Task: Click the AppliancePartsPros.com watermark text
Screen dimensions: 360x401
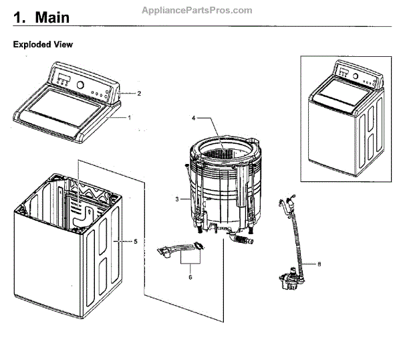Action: (x=197, y=10)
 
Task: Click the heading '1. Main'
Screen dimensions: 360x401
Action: (x=41, y=17)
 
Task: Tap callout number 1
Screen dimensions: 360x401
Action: (x=130, y=116)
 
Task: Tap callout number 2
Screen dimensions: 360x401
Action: (x=139, y=93)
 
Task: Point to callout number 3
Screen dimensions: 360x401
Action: (x=177, y=199)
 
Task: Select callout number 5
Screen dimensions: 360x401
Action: (x=135, y=241)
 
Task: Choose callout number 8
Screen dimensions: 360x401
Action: (x=319, y=264)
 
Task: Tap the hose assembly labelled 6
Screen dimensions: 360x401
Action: (x=180, y=250)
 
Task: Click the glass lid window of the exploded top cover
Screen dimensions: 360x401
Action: (x=67, y=107)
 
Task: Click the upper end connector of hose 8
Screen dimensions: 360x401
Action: (x=288, y=200)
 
